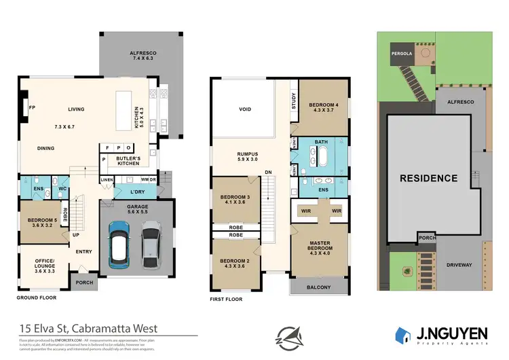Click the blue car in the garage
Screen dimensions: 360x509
point(119,247)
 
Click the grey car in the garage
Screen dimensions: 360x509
point(151,247)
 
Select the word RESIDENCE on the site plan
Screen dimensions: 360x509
point(428,179)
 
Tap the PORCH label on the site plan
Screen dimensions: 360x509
point(426,238)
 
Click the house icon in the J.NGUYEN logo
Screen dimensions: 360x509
point(403,334)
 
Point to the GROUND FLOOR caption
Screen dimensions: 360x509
point(36,298)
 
